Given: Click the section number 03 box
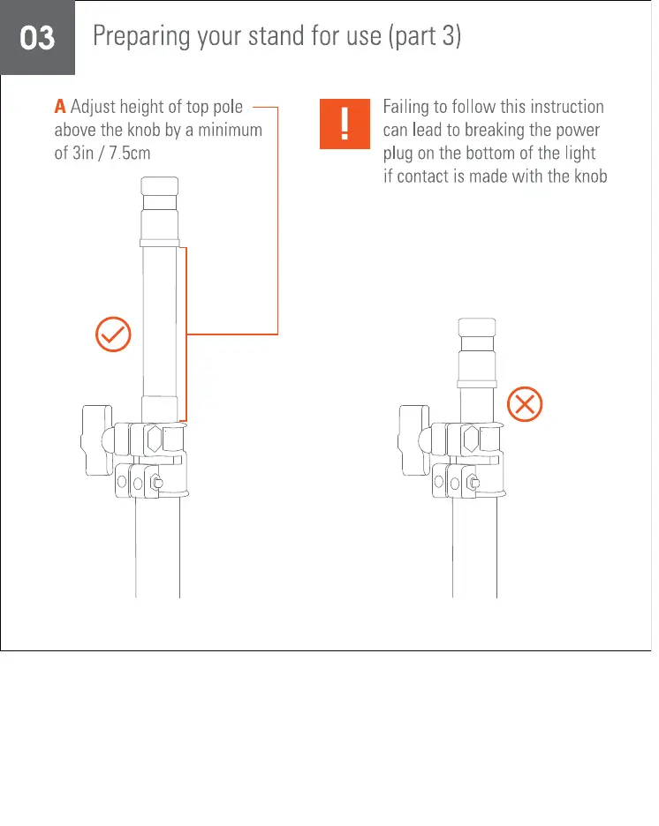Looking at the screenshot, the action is (37, 38).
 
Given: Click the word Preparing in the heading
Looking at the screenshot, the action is (135, 37).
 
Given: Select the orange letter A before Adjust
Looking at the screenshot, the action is (60, 108).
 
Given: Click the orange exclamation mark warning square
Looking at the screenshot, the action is (344, 124).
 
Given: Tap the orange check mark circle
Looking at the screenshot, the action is (113, 335).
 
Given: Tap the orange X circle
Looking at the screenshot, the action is (525, 406).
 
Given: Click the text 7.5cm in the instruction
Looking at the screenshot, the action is (132, 152).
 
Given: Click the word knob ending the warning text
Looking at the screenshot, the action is (588, 175).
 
